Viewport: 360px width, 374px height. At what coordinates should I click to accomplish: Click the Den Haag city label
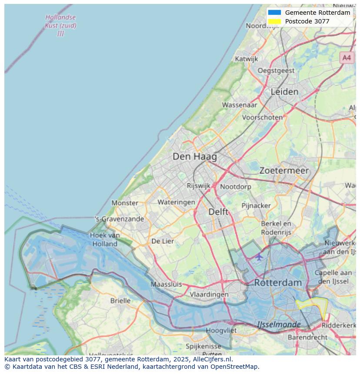point(194,156)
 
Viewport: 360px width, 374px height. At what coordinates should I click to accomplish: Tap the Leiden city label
point(284,92)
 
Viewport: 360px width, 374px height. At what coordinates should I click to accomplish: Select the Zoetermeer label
point(284,171)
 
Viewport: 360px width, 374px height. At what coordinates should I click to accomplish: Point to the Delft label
point(218,212)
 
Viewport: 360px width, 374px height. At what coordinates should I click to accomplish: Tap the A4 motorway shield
point(346,57)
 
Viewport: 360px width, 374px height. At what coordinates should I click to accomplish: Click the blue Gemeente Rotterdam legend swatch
point(275,13)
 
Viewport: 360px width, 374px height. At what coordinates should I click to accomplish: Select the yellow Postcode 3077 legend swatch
point(275,21)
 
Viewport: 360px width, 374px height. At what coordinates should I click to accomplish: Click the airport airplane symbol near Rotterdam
point(259,257)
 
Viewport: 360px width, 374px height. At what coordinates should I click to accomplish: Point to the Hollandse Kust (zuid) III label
point(60,25)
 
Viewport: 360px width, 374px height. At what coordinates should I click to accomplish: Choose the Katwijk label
point(246,59)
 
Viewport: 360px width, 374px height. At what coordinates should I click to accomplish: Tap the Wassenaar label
point(240,105)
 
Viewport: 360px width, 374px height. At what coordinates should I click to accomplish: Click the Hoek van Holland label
point(105,239)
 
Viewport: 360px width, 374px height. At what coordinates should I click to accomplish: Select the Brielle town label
point(120,301)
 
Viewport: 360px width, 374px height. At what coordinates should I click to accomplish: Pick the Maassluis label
point(166,285)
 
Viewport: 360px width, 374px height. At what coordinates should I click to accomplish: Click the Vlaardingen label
point(209,294)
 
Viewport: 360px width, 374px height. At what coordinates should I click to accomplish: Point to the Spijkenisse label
point(203,346)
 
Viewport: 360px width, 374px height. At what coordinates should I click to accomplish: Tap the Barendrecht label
point(307,337)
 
